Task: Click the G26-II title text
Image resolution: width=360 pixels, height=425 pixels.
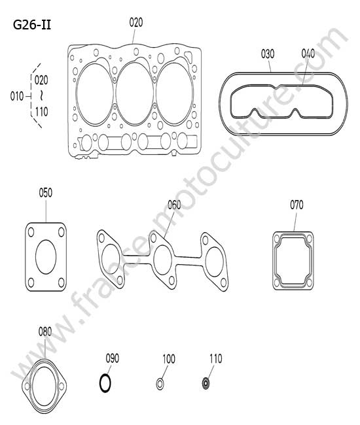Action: coord(32,25)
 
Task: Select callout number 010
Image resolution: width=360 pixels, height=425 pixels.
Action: coord(17,96)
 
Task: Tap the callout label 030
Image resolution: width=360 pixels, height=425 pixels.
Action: coord(268,54)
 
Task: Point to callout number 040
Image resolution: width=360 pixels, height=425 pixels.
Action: coord(308,54)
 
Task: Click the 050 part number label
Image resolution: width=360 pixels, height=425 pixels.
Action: coord(46,193)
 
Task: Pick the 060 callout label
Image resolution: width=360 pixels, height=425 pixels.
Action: coord(174,205)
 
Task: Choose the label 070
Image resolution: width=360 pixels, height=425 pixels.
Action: coord(297,205)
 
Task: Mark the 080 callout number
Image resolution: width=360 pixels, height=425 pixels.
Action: coord(45,331)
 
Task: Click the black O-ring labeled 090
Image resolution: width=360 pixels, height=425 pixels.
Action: coord(105,383)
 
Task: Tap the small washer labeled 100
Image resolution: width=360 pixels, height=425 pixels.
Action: coord(160,384)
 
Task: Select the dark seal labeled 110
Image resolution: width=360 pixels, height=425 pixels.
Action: coord(206,384)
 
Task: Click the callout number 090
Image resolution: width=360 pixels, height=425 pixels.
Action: coord(113,358)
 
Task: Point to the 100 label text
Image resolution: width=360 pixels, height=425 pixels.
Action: coord(169,359)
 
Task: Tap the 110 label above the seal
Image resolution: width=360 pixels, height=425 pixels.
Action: coord(216,358)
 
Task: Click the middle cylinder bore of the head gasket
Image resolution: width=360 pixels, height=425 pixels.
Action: coord(135,93)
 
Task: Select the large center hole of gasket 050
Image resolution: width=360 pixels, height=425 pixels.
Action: coord(46,257)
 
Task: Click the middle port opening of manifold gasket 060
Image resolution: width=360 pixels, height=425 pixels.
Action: coord(162,260)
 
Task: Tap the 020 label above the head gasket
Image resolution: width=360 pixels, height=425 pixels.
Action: coord(136,22)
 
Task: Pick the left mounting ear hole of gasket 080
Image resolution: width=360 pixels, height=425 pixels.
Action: coord(27,386)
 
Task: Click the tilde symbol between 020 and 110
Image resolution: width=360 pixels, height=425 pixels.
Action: coord(41,95)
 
